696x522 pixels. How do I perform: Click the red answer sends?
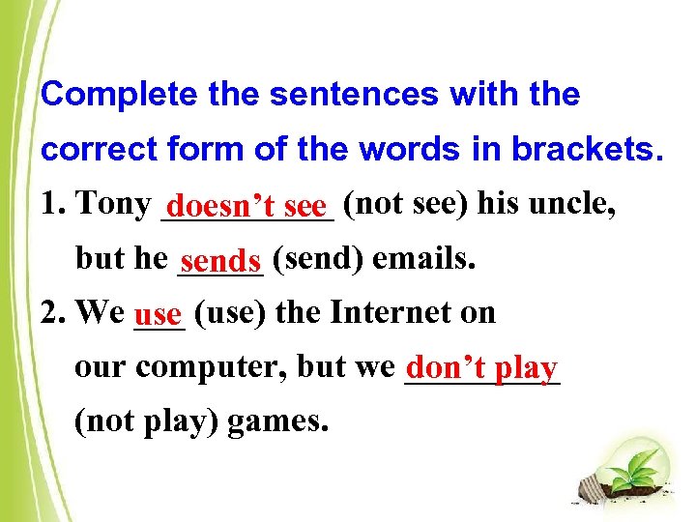point(220,261)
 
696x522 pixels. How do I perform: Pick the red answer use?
point(159,314)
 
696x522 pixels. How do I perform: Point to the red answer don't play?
point(481,368)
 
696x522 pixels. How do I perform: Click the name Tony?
point(114,204)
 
